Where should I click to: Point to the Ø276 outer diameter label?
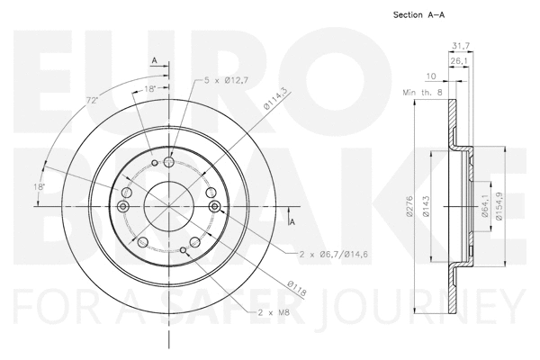[x=409, y=209]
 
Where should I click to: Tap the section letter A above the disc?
[x=154, y=61]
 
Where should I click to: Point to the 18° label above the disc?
[x=150, y=89]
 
